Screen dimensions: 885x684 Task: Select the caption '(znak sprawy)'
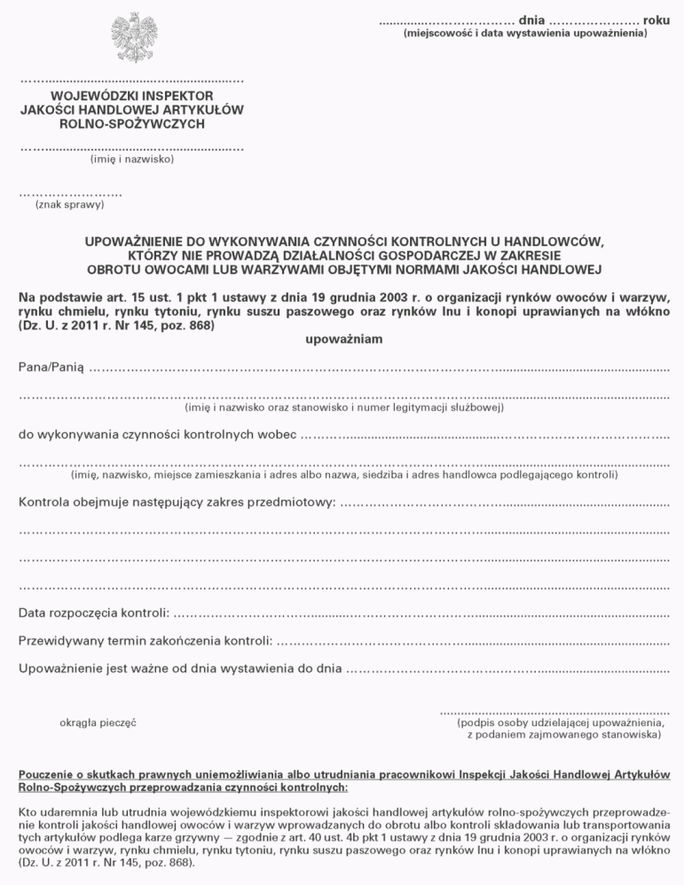pos(69,205)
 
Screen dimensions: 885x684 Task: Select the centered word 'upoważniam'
pos(342,340)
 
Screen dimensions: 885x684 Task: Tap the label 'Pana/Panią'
pos(51,367)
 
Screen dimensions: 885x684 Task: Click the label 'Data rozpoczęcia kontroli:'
pos(93,612)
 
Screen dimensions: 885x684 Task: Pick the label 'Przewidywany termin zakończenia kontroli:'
pos(145,640)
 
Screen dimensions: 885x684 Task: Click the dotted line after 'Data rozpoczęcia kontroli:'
pos(421,613)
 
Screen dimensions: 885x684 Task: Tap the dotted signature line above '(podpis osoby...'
pos(554,711)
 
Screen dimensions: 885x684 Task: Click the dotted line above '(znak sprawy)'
pos(70,193)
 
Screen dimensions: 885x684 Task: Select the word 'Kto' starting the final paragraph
pos(28,811)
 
